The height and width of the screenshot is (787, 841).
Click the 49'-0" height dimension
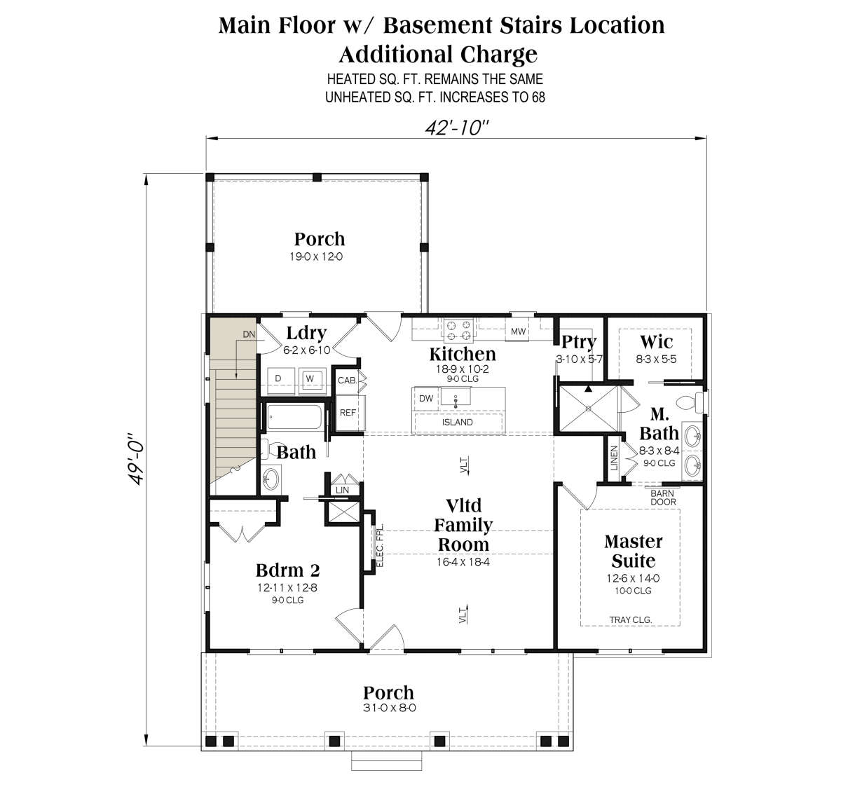(137, 459)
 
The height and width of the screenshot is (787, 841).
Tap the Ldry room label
(306, 333)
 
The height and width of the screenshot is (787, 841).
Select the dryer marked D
(281, 381)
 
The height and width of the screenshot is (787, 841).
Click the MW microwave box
(519, 331)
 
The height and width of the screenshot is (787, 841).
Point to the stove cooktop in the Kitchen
(459, 330)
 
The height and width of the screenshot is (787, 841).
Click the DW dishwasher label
(426, 398)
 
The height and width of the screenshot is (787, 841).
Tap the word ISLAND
(458, 423)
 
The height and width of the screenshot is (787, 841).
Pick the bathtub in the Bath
(294, 418)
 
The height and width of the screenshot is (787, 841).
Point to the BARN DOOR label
(663, 498)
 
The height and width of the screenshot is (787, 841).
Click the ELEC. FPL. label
(380, 545)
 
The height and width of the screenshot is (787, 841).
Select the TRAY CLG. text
(631, 620)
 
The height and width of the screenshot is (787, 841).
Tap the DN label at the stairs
(249, 334)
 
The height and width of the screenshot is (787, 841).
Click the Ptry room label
(579, 342)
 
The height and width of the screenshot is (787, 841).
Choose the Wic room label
(657, 341)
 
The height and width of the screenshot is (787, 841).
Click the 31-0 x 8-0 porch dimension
(390, 708)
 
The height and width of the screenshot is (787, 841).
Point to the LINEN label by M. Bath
(615, 458)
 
